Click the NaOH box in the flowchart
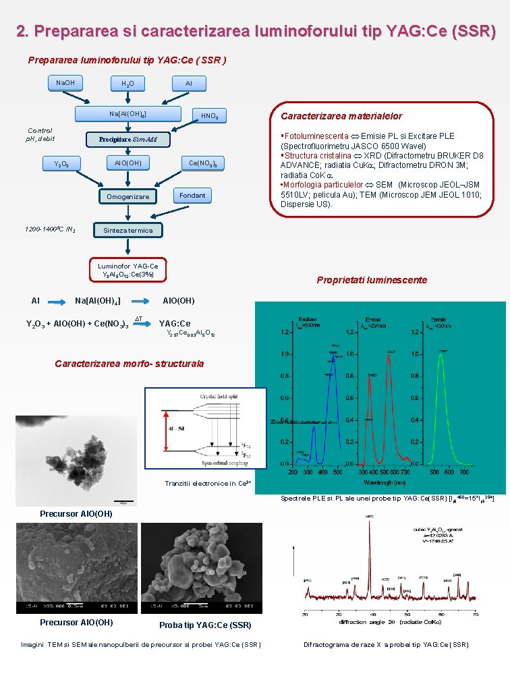[x=65, y=83]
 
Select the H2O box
[x=128, y=84]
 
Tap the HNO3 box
[x=209, y=116]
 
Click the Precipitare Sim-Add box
[x=128, y=140]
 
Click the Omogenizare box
[x=128, y=196]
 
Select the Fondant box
[x=192, y=196]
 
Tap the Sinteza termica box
[x=128, y=230]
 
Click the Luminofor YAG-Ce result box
[x=128, y=270]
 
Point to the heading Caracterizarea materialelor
[x=341, y=116]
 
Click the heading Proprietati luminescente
[x=372, y=280]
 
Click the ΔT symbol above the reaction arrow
[x=139, y=318]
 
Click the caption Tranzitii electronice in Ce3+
[x=208, y=483]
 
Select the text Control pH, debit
[x=40, y=134]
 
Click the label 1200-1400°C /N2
[x=51, y=230]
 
